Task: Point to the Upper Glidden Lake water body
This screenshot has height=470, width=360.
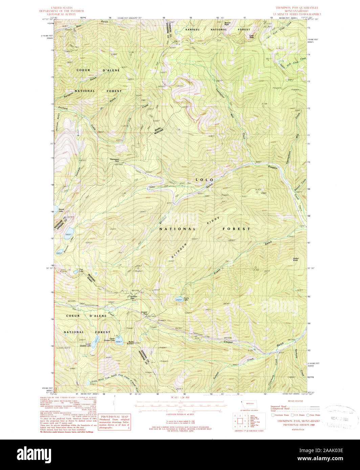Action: [118, 342]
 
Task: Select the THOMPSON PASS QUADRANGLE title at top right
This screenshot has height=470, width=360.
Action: [297, 7]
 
